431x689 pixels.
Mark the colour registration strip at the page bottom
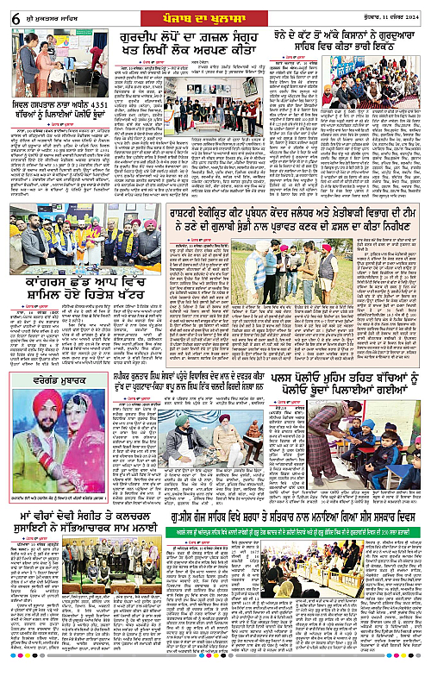[215, 683]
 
